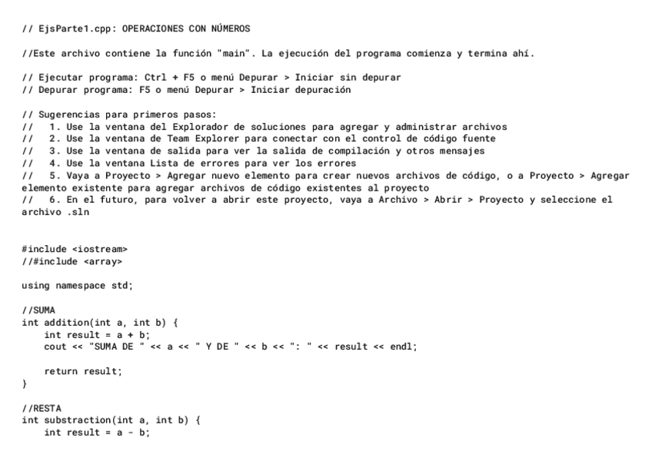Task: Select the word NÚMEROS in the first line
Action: click(x=230, y=29)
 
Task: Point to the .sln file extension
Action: click(x=78, y=211)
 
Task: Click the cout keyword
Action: click(x=55, y=347)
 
